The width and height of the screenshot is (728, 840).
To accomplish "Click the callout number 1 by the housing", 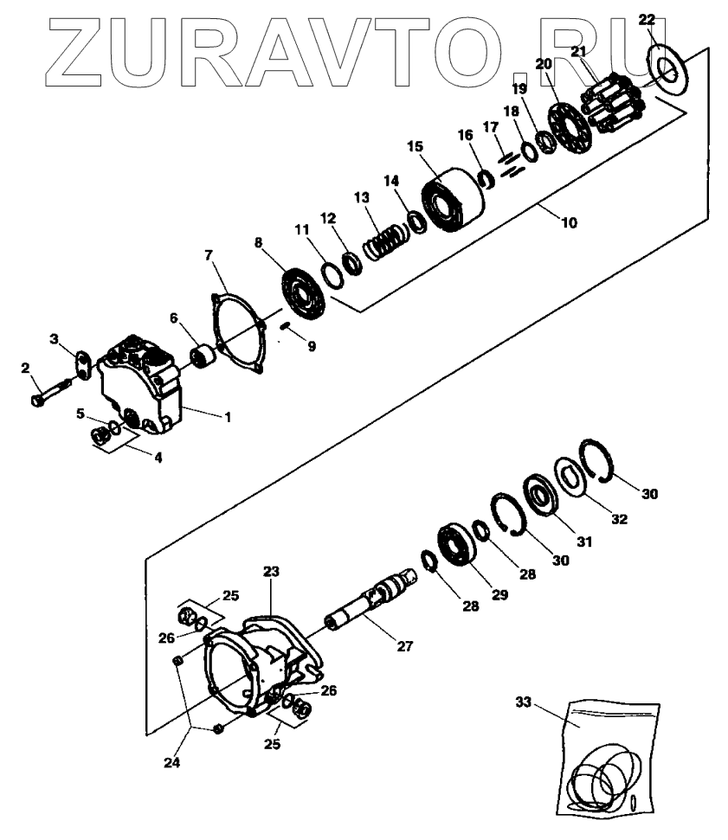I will tap(228, 417).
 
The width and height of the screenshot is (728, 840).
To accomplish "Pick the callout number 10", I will tap(569, 222).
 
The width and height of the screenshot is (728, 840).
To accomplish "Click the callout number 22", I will tap(647, 18).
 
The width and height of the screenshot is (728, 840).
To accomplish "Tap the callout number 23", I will tap(271, 572).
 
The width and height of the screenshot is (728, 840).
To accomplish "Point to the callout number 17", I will tap(491, 128).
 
